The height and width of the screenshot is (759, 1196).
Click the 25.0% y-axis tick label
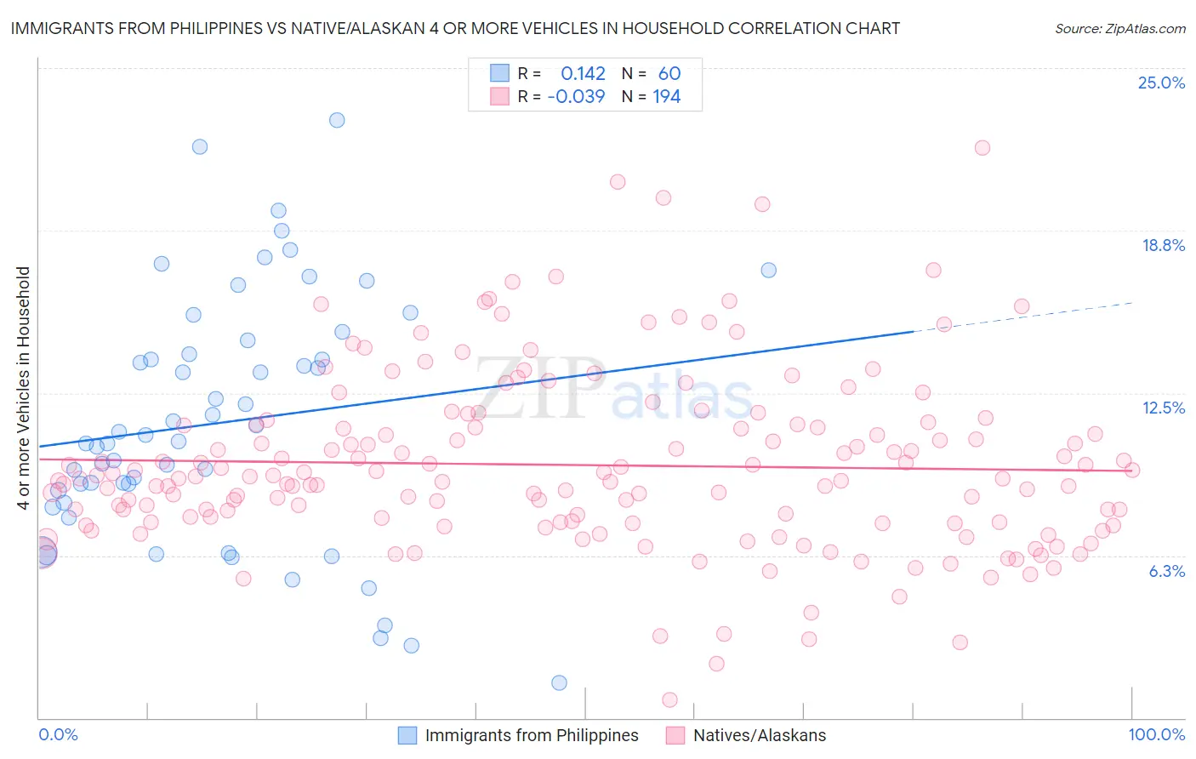[1161, 83]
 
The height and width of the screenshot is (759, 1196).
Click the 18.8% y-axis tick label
[1163, 245]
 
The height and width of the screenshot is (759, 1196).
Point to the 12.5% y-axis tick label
[1163, 408]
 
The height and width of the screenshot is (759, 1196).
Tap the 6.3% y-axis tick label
[1166, 571]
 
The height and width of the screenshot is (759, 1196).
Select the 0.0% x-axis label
[58, 734]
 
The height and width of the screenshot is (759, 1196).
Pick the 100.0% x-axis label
[1156, 734]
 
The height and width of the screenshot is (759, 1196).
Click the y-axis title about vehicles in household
[23, 388]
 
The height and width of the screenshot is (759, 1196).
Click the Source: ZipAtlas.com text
[1119, 29]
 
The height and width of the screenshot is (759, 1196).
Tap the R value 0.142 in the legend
[583, 74]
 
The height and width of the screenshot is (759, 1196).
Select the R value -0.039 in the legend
[576, 97]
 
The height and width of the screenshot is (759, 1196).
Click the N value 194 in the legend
[666, 97]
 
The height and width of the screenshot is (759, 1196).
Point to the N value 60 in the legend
[669, 74]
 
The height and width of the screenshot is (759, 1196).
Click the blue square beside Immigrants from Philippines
[407, 735]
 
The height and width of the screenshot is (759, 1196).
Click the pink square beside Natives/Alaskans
[675, 735]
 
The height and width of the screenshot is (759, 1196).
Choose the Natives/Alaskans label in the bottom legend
[759, 735]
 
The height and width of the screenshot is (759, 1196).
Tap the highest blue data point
[337, 120]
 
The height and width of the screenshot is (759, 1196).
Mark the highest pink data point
[982, 147]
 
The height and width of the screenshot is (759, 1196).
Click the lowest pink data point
[669, 699]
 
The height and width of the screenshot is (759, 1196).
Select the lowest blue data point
[559, 682]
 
